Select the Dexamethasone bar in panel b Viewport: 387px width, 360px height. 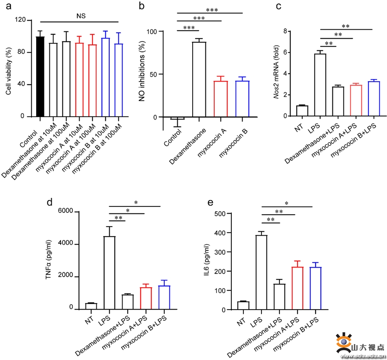point(199,80)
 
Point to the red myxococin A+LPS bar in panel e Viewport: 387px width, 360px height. point(295,288)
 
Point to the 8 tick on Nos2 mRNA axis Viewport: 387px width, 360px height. point(285,31)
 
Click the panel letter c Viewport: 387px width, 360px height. point(279,6)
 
